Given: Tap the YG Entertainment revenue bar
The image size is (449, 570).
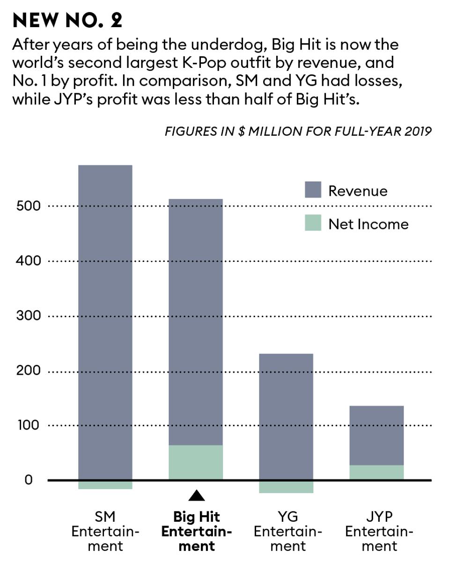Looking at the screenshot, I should [x=286, y=416].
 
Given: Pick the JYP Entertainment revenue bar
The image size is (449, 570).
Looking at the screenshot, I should [x=377, y=435].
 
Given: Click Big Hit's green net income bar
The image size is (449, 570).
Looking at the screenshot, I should [x=196, y=462].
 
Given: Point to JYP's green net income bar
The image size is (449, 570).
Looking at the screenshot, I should [x=377, y=472].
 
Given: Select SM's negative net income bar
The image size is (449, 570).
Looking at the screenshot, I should [x=105, y=485].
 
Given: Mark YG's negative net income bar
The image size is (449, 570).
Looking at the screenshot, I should [x=286, y=487].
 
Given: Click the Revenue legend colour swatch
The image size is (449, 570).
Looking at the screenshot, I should [x=313, y=190].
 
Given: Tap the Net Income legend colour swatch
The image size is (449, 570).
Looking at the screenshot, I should [x=313, y=223].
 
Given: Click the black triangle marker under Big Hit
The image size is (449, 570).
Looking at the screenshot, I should [x=196, y=496].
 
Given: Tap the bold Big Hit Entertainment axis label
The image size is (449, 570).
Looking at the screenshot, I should [x=197, y=532].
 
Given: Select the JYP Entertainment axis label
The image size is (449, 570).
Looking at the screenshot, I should [x=380, y=532].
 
